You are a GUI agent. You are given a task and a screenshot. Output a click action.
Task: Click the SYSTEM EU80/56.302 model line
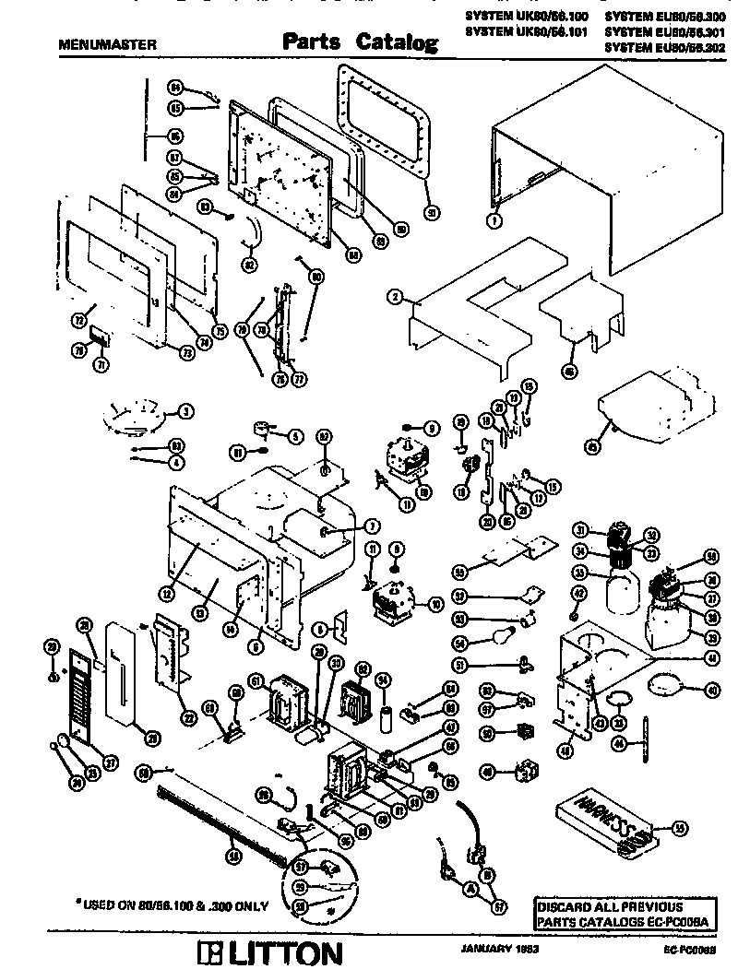[666, 44]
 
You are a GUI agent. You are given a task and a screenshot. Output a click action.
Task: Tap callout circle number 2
[395, 296]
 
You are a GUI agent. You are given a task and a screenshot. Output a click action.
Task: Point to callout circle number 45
[592, 445]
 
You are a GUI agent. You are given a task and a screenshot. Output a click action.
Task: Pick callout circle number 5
[296, 435]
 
